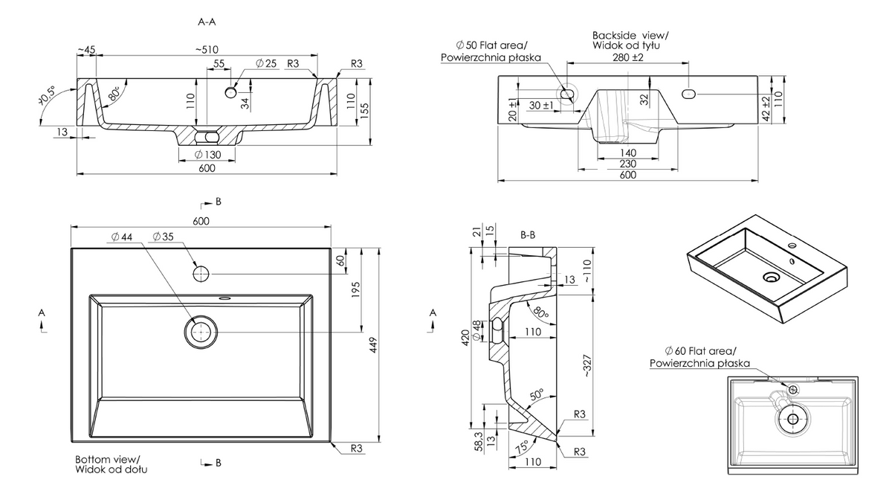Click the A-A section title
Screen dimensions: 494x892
tap(207, 22)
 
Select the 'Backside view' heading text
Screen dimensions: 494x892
tap(630, 35)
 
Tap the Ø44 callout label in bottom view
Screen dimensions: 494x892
tap(121, 236)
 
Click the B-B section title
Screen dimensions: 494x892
tap(528, 235)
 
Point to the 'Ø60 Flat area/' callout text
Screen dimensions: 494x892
tap(699, 351)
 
